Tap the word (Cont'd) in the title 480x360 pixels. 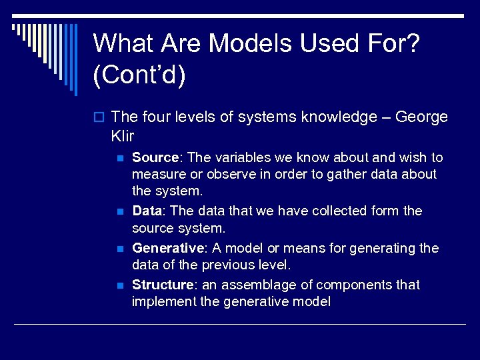[139, 75]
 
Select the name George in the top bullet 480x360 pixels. [421, 117]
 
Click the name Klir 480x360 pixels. [123, 137]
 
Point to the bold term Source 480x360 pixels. [156, 158]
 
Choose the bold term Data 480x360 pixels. [147, 211]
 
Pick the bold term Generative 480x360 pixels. [167, 249]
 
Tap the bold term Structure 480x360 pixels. [163, 285]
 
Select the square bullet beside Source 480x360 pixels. [120, 159]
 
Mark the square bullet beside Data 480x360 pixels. [120, 212]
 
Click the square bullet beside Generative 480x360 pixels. [120, 249]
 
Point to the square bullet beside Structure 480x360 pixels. [120, 286]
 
